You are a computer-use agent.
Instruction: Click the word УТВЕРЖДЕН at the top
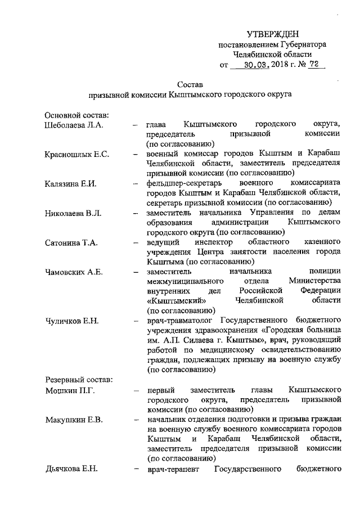point(273,34)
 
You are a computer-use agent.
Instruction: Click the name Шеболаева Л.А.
point(73,124)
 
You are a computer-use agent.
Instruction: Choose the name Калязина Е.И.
point(70,183)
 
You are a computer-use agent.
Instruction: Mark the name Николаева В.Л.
point(72,213)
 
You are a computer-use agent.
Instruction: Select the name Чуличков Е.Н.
point(71,321)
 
